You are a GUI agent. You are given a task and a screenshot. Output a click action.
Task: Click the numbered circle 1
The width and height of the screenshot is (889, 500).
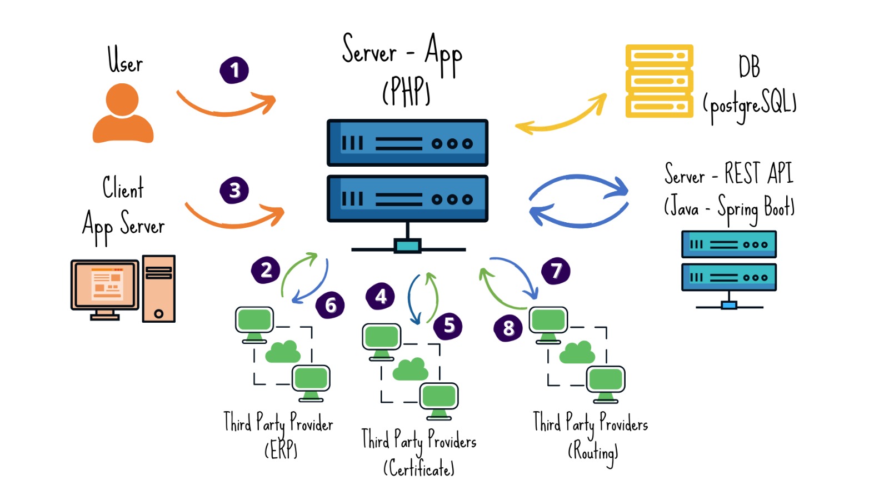pos(234,70)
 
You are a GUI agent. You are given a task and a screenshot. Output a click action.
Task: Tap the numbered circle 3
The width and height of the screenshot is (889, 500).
pos(234,190)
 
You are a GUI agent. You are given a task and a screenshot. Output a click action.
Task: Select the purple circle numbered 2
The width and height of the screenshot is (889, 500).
pos(266,270)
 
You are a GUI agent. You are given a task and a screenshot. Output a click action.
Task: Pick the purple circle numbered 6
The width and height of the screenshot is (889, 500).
pos(330,304)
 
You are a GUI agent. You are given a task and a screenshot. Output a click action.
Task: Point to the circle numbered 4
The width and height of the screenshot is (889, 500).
pos(381,296)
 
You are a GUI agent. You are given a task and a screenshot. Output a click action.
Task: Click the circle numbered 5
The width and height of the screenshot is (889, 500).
pos(448,325)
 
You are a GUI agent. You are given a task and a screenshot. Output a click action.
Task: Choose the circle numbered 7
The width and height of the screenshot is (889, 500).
pos(556,271)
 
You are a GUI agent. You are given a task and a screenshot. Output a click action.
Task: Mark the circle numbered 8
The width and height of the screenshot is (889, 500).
pos(508,328)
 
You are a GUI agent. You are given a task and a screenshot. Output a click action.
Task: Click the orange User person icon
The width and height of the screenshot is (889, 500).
pos(123,113)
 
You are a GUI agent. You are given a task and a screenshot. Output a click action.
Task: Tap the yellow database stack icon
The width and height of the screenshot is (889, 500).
pos(659,81)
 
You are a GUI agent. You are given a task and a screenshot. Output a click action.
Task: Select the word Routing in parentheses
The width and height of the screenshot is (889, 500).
pos(593,452)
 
